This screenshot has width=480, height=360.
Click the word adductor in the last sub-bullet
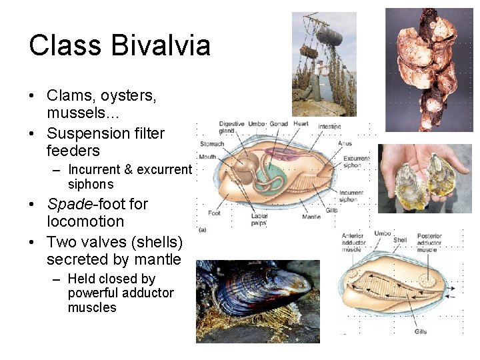147,293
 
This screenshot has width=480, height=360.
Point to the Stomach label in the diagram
212,143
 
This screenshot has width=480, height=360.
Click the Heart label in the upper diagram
301,124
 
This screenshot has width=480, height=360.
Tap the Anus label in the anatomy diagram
345,143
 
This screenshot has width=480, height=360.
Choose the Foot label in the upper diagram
214,213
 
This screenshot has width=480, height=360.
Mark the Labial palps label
259,219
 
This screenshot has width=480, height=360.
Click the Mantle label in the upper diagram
311,217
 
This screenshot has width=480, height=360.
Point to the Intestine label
329,127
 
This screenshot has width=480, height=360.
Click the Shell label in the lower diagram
400,241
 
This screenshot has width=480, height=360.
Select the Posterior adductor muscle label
429,243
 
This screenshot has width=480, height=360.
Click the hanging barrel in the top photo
329,36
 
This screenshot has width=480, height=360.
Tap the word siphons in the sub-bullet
91,185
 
